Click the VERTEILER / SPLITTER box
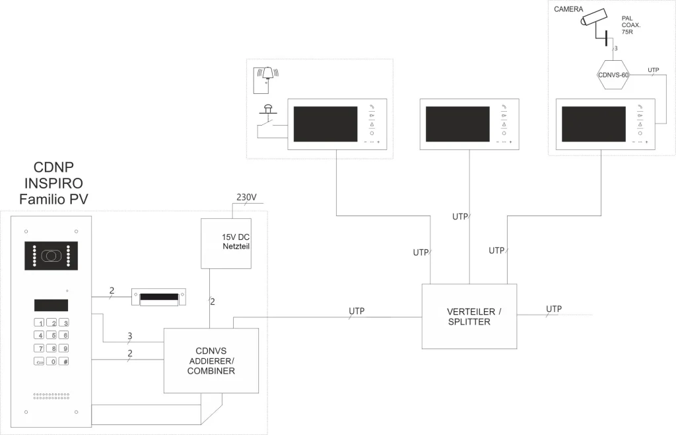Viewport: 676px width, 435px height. pos(469,316)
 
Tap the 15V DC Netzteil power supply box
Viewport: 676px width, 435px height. pos(226,243)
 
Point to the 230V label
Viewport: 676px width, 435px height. pos(246,198)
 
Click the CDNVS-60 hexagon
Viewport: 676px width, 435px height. pos(613,75)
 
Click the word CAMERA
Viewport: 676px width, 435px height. pos(568,9)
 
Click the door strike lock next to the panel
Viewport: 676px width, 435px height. pos(162,297)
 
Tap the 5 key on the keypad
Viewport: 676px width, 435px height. pos(52,335)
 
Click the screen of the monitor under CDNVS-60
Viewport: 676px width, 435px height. pos(593,124)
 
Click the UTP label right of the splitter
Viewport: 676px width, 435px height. pos(554,309)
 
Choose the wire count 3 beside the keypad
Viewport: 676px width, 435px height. pos(129,335)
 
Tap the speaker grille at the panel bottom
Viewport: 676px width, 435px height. pos(51,397)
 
